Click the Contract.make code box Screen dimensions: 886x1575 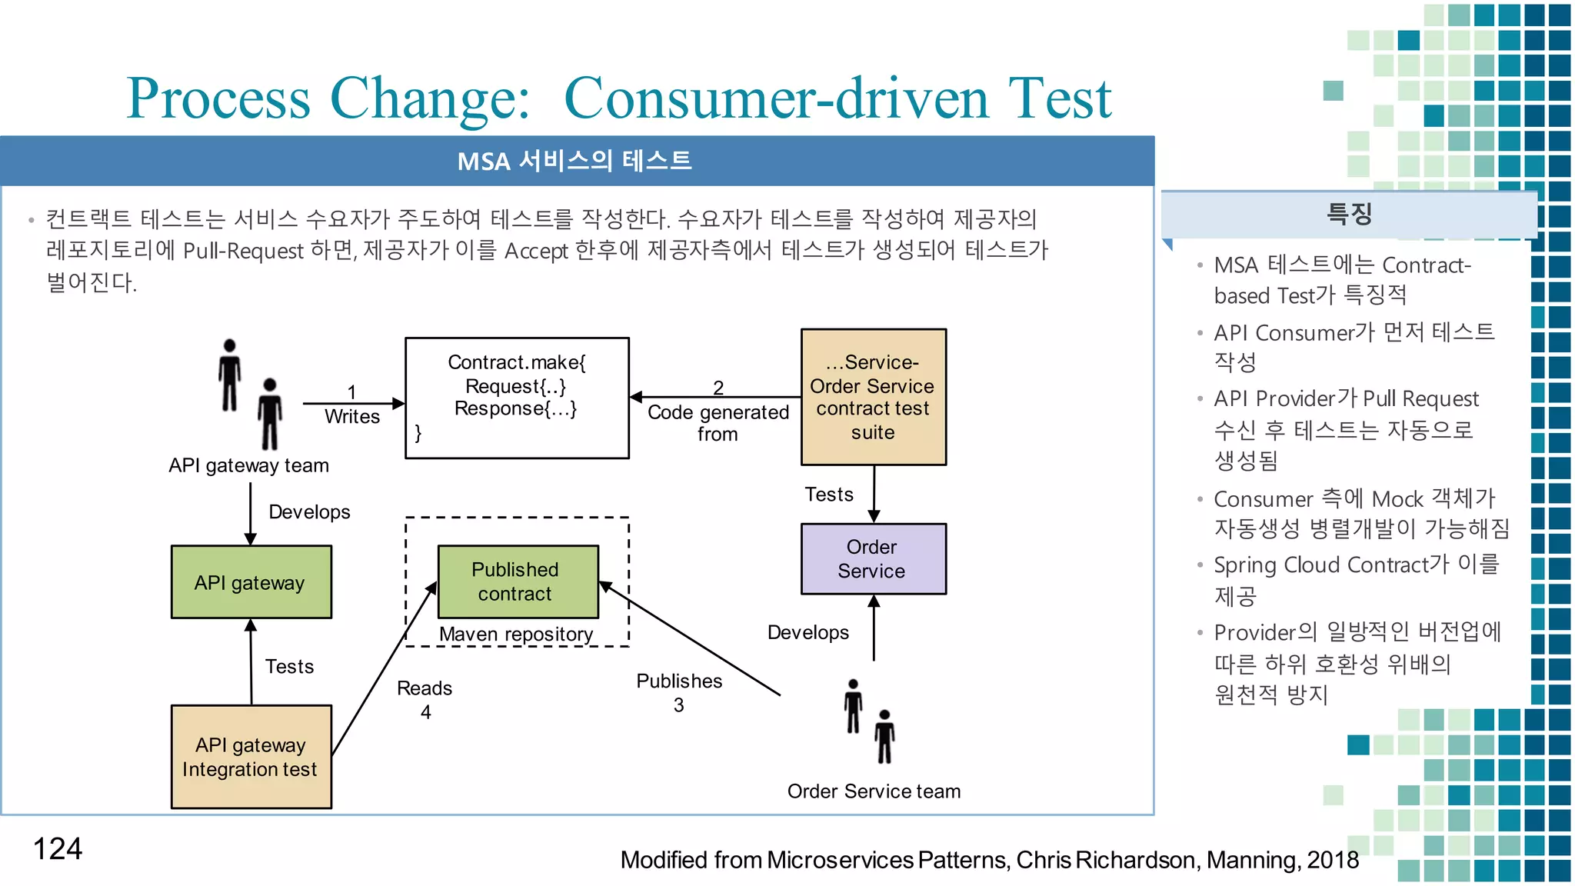517,398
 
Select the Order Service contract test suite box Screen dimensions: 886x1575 873,397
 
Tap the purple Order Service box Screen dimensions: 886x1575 873,559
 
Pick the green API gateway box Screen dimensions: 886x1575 251,582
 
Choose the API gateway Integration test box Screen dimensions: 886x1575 251,757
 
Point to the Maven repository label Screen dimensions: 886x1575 516,634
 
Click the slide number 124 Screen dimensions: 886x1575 58,849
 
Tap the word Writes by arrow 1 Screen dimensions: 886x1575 352,417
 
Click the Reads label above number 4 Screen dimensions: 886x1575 425,688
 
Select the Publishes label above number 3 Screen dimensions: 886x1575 679,681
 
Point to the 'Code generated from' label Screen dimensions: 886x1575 718,422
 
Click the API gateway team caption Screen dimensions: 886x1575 248,465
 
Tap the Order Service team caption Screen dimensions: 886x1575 874,791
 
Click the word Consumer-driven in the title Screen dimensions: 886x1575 776,98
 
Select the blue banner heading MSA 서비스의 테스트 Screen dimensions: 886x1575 574,161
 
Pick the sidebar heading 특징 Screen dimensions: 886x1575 1349,214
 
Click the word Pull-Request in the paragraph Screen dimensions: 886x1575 243,251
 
